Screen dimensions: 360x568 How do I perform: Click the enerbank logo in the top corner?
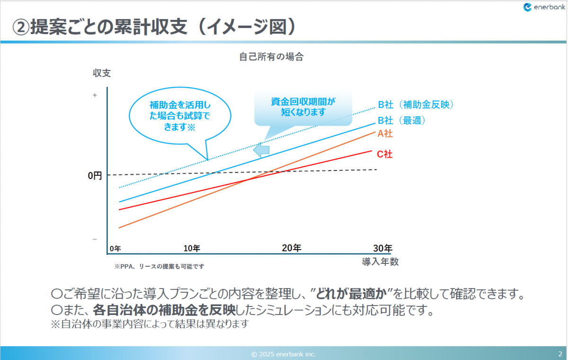[543, 7]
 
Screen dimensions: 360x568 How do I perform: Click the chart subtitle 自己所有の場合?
[271, 57]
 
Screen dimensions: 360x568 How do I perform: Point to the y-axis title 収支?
[101, 73]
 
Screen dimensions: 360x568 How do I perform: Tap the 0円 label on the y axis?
[95, 175]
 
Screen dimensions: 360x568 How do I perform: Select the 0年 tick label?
[115, 249]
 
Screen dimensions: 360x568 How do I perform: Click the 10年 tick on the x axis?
[192, 248]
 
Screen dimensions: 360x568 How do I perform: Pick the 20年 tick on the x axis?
[292, 248]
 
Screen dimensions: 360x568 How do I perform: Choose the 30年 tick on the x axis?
[382, 248]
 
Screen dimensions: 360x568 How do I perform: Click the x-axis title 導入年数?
[380, 262]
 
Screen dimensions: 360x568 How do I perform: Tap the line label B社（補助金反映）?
[416, 105]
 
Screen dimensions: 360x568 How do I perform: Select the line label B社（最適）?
[402, 121]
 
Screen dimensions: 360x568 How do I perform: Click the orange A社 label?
[385, 134]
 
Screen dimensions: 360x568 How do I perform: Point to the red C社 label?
[384, 154]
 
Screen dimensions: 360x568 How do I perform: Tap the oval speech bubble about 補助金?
[179, 116]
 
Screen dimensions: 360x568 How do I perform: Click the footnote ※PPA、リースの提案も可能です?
[160, 267]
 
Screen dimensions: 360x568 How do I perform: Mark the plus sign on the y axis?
[95, 95]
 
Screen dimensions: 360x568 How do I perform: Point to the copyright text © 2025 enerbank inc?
[284, 354]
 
